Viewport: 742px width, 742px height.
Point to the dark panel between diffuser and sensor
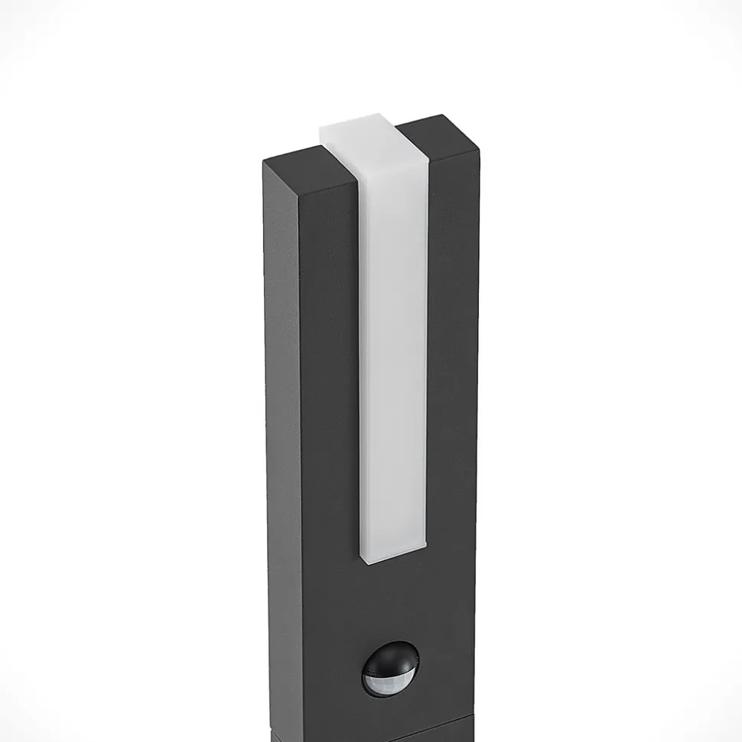(390, 604)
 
